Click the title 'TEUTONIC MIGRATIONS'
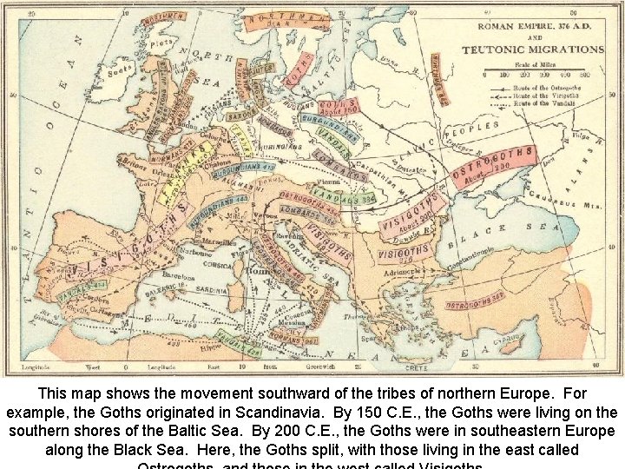point(532,50)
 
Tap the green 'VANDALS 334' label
point(348,199)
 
